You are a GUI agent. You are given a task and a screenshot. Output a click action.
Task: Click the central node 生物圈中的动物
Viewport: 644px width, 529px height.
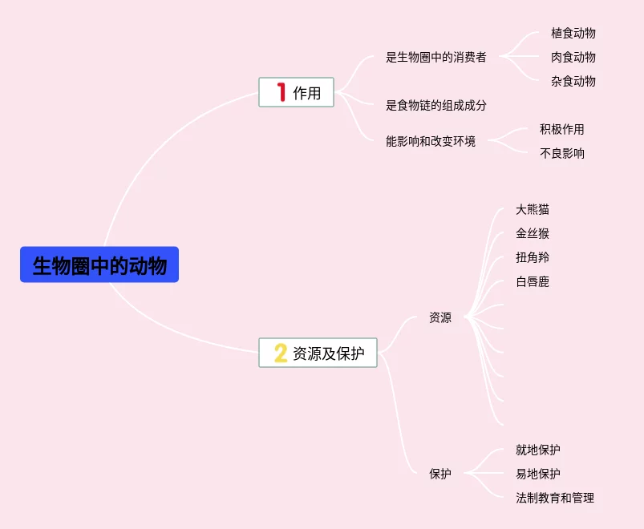(99, 264)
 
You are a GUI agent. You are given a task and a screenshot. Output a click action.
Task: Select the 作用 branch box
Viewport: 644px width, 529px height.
(296, 92)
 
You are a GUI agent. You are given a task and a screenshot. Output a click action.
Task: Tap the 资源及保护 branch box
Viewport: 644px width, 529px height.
(318, 353)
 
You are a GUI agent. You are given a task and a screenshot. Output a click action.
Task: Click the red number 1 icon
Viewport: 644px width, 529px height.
(281, 92)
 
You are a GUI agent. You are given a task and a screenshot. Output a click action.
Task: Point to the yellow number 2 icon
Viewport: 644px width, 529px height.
(280, 353)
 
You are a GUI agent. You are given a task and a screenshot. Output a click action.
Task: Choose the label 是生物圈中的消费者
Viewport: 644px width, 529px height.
(435, 57)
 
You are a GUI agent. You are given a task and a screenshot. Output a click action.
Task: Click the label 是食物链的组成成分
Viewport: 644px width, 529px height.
(435, 105)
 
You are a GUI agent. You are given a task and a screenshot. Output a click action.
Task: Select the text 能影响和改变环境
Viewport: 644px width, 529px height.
(430, 141)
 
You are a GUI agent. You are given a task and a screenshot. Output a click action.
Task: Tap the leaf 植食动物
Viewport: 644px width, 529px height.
(573, 33)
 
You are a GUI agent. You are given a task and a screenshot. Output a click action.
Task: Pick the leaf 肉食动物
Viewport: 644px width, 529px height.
(573, 57)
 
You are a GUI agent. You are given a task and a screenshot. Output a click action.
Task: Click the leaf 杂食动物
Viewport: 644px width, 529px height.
(573, 81)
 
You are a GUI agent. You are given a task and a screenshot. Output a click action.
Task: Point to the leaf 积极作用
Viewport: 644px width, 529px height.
(561, 129)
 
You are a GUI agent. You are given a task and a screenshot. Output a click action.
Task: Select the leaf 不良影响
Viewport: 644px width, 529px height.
(561, 153)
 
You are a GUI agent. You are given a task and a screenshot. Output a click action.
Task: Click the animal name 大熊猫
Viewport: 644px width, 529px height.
(533, 209)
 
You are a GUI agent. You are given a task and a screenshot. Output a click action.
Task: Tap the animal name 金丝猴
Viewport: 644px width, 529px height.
(533, 233)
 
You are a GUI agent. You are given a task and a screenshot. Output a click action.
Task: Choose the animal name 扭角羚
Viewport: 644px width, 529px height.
(533, 257)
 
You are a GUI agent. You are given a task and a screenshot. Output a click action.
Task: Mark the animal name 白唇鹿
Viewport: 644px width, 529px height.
(533, 281)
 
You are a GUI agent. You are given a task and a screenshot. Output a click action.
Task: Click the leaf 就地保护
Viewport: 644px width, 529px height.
(537, 450)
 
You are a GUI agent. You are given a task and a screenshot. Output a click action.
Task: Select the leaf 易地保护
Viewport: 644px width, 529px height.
(537, 474)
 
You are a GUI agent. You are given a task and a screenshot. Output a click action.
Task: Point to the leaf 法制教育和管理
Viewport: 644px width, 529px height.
(554, 498)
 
